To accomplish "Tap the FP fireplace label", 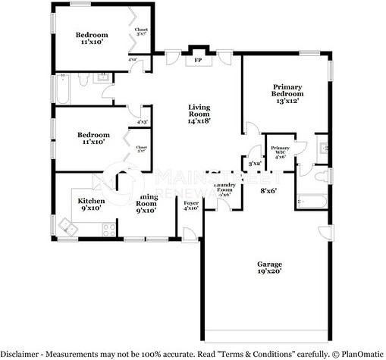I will pos(198,59).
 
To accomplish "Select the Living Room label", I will pos(199,110).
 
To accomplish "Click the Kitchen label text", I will pos(91,201).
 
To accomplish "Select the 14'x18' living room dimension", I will pos(199,120).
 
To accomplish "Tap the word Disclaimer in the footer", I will pos(20,353).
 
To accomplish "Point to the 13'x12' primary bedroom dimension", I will pos(287,99).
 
